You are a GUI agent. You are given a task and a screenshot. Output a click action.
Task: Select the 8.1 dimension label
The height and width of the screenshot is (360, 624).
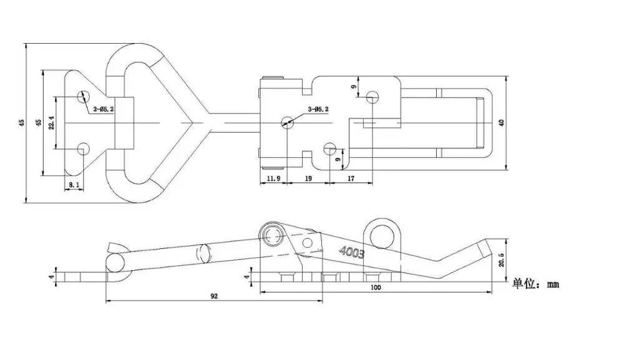[73, 185]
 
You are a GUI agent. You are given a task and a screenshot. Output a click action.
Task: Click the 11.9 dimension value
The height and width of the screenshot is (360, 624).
[273, 178]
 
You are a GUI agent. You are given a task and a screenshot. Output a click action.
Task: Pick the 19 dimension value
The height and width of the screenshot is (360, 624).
[308, 178]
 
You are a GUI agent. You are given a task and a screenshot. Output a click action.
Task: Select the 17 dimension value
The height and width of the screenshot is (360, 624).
[350, 178]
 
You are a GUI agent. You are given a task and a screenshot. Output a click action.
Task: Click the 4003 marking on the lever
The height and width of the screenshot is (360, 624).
[351, 252]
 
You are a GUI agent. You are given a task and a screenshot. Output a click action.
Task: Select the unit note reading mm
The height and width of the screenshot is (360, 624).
[535, 284]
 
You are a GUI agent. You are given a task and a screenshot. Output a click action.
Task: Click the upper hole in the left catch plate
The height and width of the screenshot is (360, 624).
[83, 97]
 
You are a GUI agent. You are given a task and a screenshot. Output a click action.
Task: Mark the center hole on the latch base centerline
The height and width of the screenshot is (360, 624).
[287, 122]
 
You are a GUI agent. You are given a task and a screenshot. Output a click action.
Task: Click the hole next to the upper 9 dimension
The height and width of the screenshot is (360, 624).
[373, 97]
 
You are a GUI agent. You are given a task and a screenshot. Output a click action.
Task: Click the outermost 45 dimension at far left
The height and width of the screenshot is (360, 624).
[21, 123]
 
